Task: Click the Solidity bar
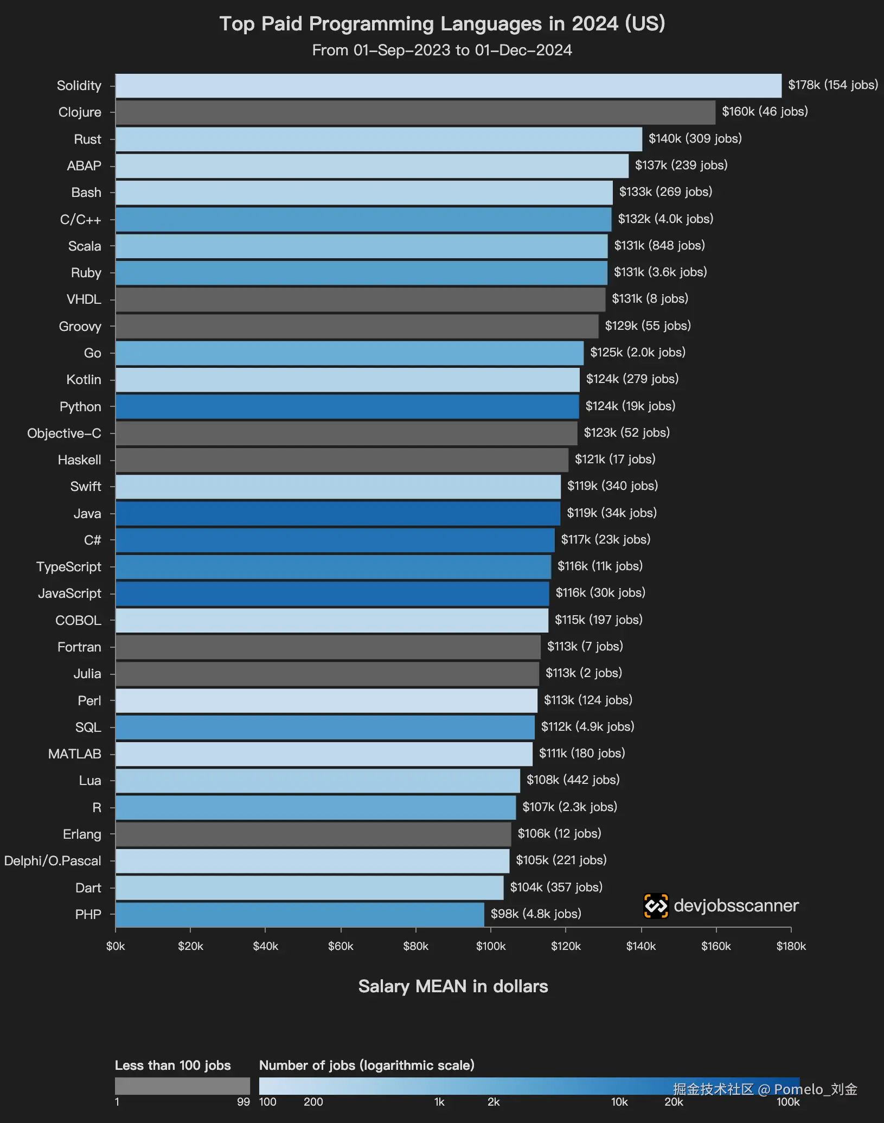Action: click(x=448, y=86)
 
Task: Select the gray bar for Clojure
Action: click(x=415, y=112)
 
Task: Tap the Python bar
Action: click(x=347, y=406)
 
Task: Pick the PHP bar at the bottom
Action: click(x=299, y=914)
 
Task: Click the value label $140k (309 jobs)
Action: click(x=695, y=139)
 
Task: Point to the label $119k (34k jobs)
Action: click(x=611, y=513)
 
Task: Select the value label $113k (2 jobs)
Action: click(x=584, y=673)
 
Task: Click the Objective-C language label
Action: click(x=64, y=433)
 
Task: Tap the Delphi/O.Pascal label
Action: click(x=53, y=861)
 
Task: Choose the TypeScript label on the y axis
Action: click(x=68, y=567)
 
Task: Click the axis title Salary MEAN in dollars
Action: click(x=453, y=986)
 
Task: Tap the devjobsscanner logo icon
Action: click(x=656, y=906)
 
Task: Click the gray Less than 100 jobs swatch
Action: click(x=182, y=1086)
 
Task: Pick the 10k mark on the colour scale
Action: click(x=619, y=1102)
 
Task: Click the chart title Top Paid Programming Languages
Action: click(x=442, y=24)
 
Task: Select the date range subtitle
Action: click(x=442, y=50)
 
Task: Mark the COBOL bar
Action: click(x=331, y=620)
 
